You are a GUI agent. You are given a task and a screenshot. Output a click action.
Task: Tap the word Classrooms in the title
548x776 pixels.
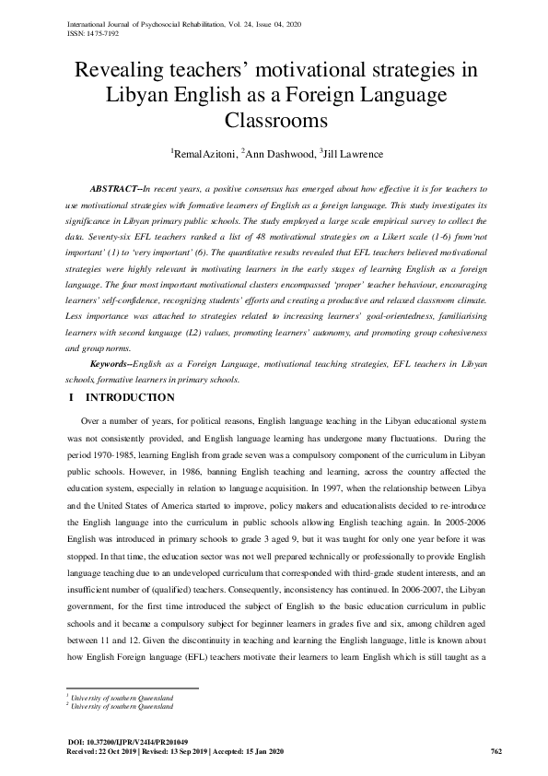pos(274,120)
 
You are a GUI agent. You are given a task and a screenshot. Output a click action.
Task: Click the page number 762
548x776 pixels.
pos(495,751)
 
